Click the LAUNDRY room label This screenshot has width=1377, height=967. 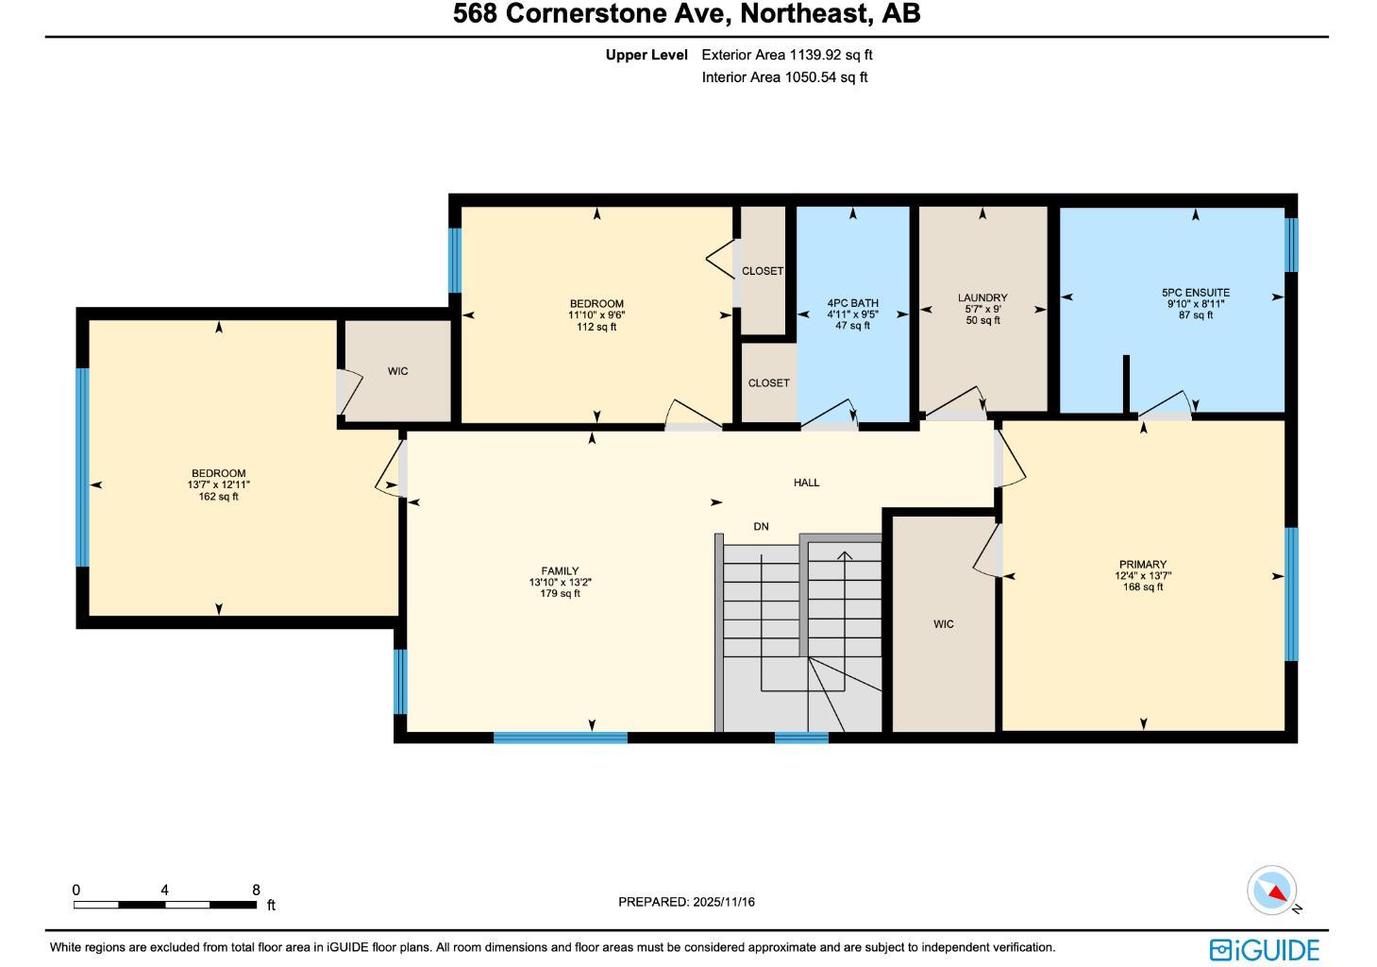(x=982, y=297)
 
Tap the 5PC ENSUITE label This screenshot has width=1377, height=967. (x=1195, y=293)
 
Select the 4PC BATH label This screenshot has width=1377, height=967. (x=852, y=303)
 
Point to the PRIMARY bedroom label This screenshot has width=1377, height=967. (x=1143, y=565)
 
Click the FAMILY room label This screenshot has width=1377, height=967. (x=560, y=571)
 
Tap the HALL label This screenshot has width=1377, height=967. (x=806, y=483)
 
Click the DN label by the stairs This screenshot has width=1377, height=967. (x=761, y=526)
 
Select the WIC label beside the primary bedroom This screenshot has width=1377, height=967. (x=943, y=624)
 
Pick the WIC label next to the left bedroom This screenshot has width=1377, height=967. (x=397, y=371)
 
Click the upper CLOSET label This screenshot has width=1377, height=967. (x=762, y=271)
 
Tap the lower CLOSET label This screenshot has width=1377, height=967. (x=768, y=383)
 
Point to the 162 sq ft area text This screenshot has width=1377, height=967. (x=218, y=497)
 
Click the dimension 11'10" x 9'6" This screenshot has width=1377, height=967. (x=596, y=315)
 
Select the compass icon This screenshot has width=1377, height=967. (x=1272, y=891)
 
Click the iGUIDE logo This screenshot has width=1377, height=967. (x=1264, y=949)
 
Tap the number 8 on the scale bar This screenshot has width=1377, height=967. (x=256, y=890)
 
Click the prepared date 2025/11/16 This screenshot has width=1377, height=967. (x=723, y=902)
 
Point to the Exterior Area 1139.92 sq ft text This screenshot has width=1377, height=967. (x=786, y=55)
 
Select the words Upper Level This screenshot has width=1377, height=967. (x=647, y=55)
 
